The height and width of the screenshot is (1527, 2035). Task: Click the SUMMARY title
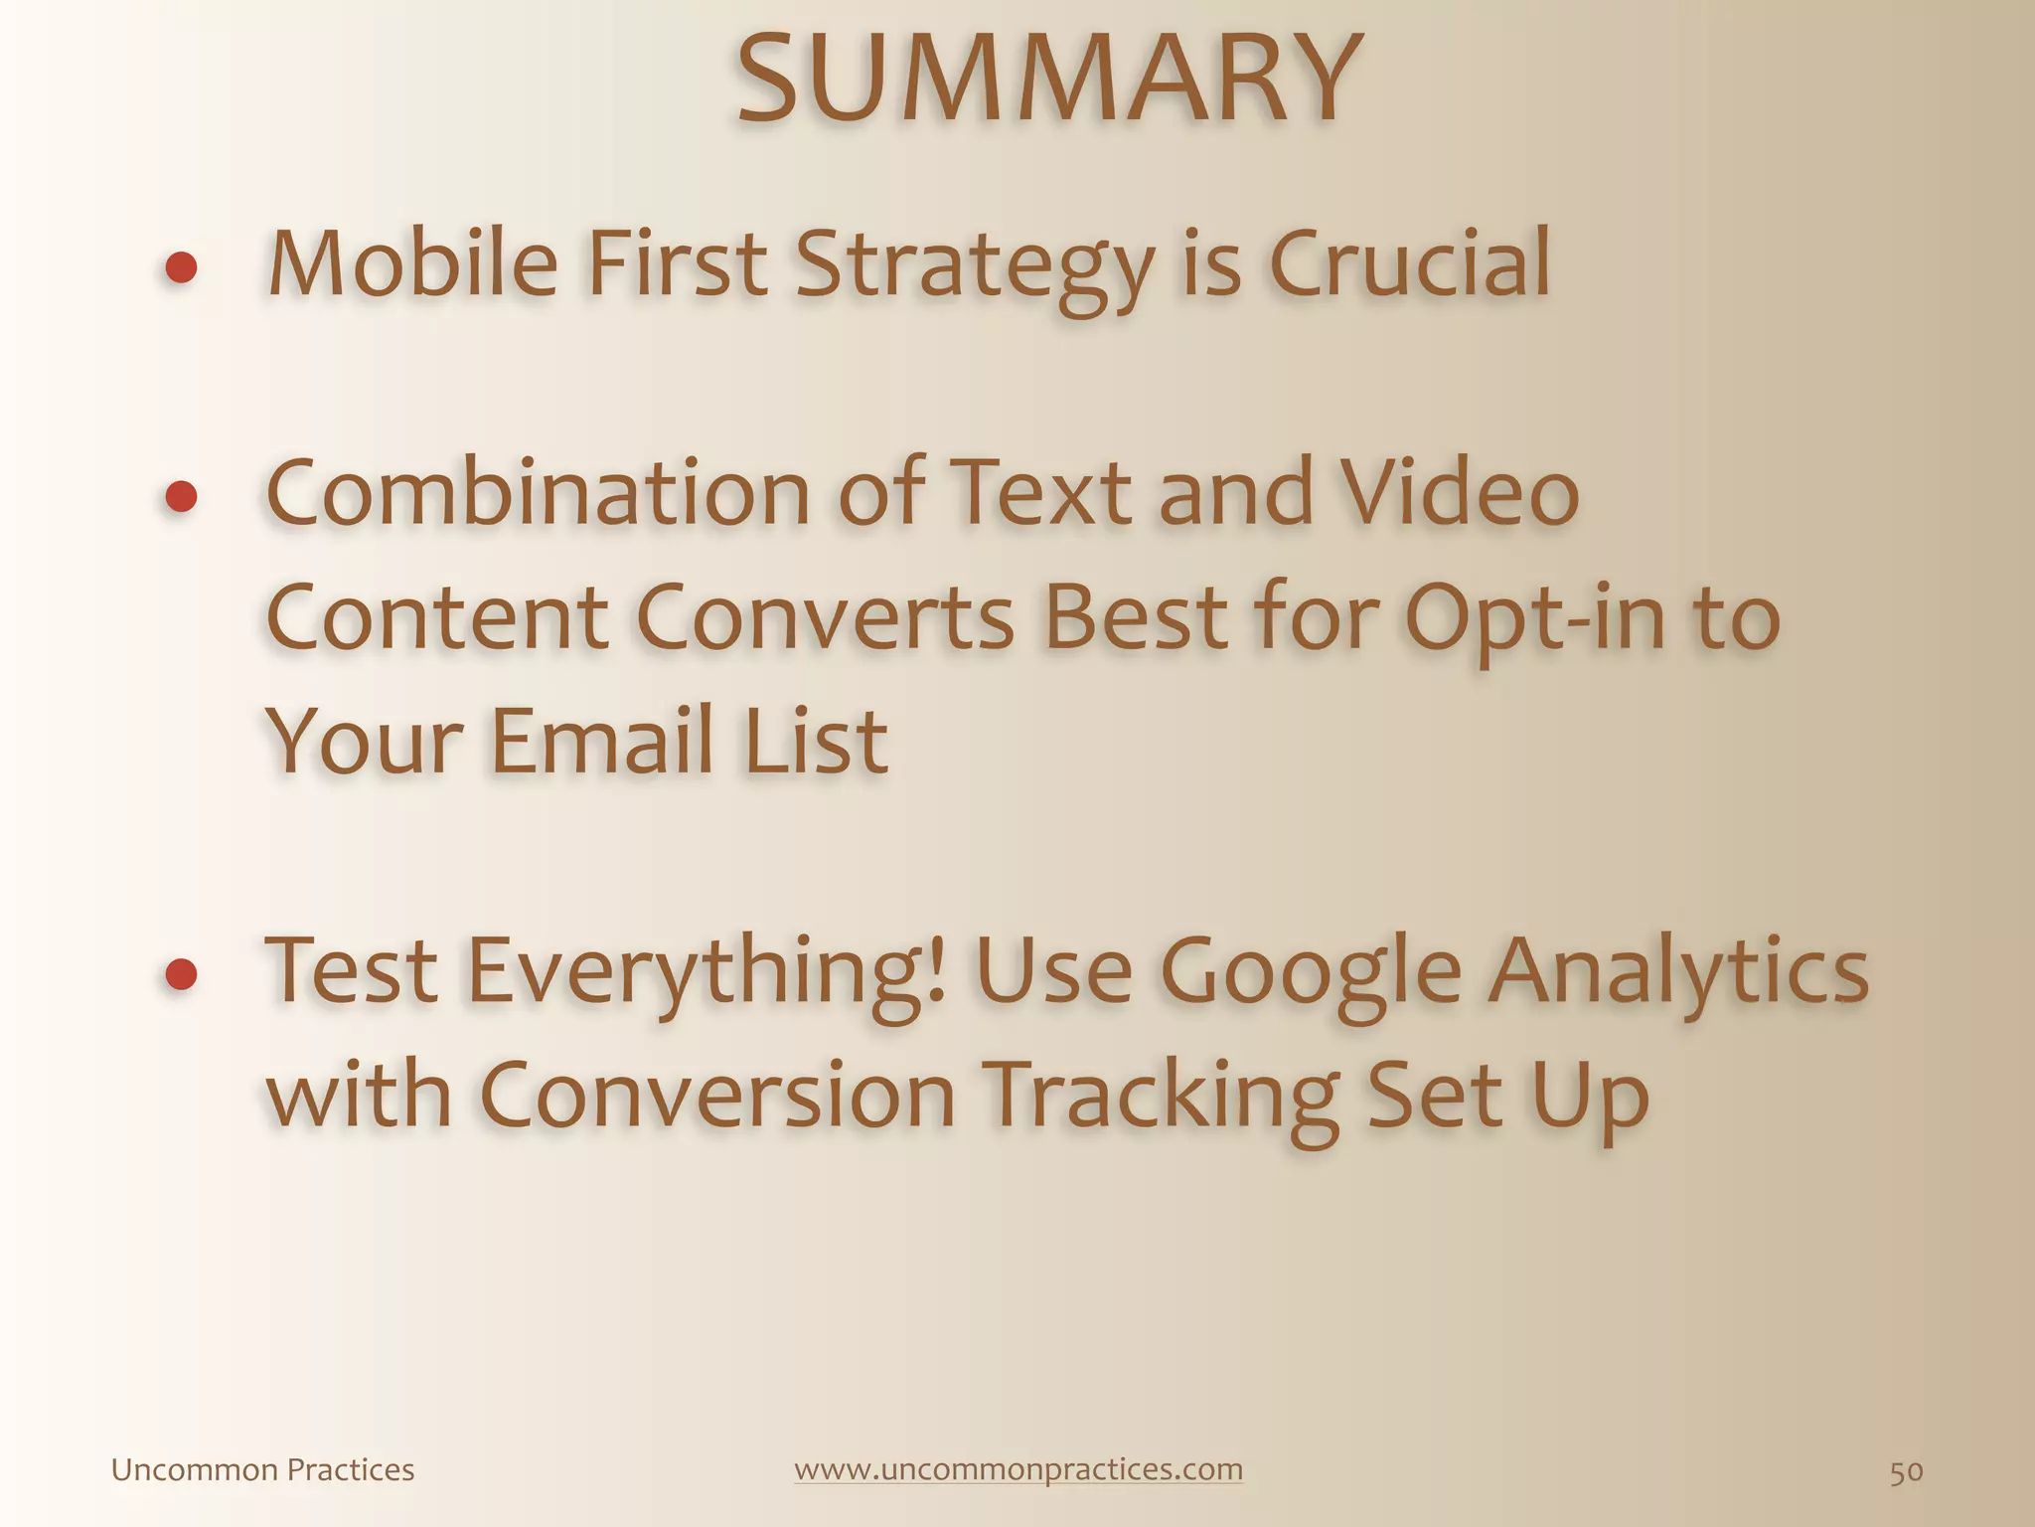pos(1047,80)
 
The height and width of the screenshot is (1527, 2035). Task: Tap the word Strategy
pos(975,266)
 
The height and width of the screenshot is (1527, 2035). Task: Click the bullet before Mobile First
pos(181,267)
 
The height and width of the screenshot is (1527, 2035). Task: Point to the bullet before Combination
pos(181,496)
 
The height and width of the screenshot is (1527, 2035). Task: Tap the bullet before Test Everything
pos(181,974)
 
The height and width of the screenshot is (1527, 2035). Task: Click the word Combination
pos(539,493)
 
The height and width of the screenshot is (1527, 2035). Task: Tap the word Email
pos(602,740)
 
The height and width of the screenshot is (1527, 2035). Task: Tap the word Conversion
pos(716,1095)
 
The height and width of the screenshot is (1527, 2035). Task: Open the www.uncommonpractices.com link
pos(1018,1469)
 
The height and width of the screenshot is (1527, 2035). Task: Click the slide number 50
pos(1906,1471)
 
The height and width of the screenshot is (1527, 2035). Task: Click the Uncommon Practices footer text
pos(262,1470)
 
